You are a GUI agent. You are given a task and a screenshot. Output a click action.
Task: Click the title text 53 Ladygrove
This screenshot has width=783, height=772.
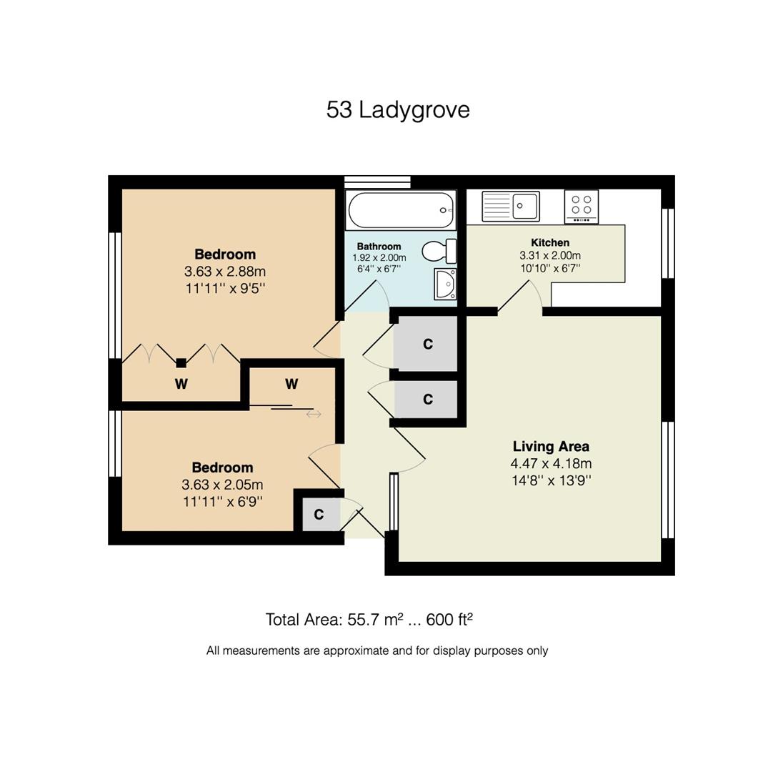(x=398, y=110)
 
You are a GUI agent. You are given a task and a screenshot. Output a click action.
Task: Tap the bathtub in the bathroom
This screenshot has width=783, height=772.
(x=400, y=210)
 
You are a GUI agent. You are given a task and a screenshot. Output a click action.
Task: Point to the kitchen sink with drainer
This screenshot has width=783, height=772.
(x=510, y=206)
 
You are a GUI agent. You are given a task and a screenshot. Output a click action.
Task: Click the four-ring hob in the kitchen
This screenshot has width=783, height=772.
(x=581, y=206)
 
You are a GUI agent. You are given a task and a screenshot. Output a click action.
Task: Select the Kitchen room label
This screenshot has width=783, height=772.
(x=549, y=242)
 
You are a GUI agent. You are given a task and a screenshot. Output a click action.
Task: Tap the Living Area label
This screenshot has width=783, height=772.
(x=550, y=447)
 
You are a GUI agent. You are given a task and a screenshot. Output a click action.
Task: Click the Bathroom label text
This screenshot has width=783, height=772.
(x=379, y=246)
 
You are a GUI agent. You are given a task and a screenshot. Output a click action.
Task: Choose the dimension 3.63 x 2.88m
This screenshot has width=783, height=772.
(x=224, y=272)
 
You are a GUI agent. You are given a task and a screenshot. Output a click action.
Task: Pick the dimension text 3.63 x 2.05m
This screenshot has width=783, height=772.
(x=222, y=485)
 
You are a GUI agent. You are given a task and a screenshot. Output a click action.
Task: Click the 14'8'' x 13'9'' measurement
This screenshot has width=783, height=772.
(x=550, y=480)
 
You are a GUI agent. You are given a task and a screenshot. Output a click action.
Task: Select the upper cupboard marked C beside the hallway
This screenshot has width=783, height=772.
(x=427, y=345)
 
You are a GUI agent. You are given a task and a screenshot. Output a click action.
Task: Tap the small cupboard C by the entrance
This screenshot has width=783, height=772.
(x=319, y=515)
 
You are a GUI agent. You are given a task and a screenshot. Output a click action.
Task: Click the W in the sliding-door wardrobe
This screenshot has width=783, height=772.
(x=291, y=385)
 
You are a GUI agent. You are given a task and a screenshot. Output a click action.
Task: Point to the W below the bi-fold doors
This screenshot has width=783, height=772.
(x=181, y=385)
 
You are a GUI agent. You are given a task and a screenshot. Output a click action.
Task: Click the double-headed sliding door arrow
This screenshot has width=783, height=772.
(x=314, y=414)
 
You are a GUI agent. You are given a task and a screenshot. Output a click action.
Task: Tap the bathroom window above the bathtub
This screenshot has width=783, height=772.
(x=377, y=182)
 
